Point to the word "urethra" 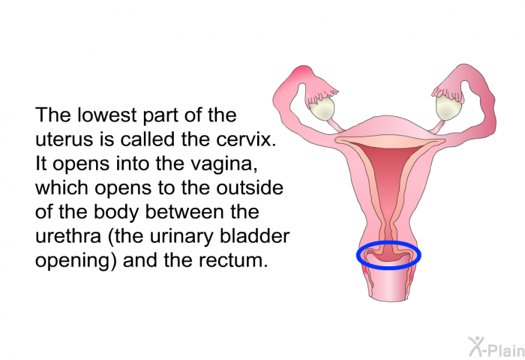68,235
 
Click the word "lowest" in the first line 107,115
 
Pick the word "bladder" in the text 254,235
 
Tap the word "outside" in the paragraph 250,187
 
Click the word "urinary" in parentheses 181,236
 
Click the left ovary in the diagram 322,108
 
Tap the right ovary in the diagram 449,106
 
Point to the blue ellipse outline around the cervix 388,242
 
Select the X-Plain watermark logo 496,346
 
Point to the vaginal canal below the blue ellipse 389,285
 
